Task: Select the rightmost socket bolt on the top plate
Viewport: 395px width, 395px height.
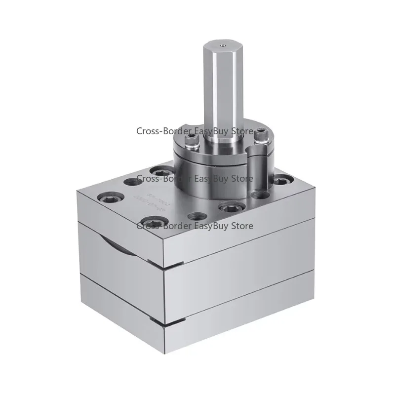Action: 281,181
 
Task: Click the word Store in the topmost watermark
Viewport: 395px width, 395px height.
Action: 241,131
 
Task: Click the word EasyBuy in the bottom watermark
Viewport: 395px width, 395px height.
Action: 212,226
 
